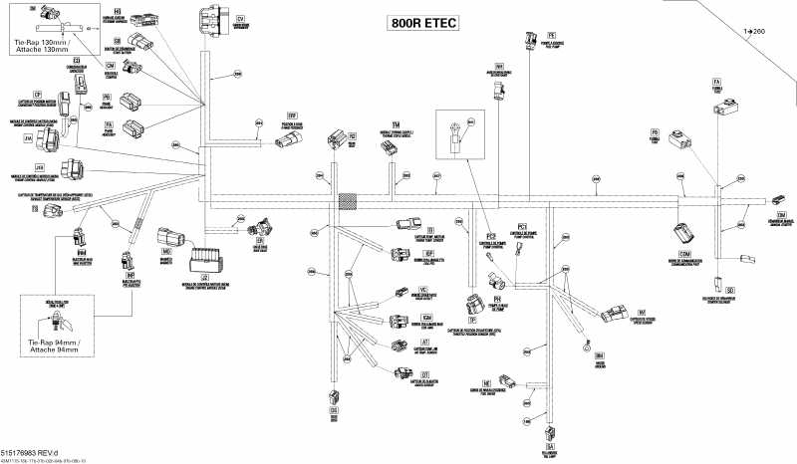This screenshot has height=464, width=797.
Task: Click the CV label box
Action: coord(240,19)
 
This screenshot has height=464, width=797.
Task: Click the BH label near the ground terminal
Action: coord(599,354)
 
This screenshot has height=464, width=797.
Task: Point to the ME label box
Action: coord(487,381)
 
